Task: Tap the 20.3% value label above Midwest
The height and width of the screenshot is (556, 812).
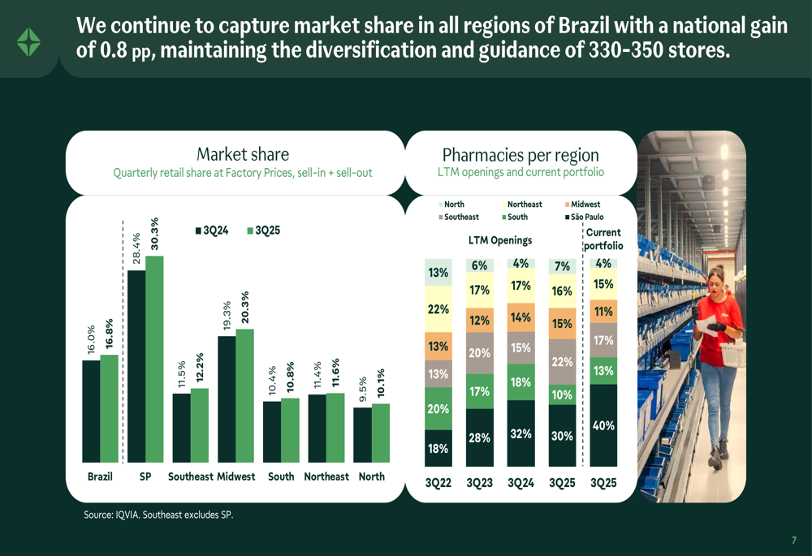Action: pos(245,307)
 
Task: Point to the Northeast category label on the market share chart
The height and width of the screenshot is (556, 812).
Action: pos(326,476)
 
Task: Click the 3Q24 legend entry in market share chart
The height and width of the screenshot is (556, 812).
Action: pos(212,231)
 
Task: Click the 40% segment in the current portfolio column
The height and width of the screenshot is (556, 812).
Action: pos(603,425)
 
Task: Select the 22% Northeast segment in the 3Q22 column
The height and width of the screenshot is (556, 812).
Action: pos(438,308)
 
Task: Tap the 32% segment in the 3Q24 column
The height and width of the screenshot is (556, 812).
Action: pos(520,433)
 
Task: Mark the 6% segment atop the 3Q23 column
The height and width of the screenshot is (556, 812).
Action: pos(479,265)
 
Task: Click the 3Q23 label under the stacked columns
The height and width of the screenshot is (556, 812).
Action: pos(479,483)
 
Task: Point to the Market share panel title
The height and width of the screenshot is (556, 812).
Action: pos(242,154)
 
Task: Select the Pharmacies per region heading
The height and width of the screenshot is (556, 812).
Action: pos(520,154)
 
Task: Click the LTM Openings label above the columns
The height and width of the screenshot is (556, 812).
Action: pos(500,240)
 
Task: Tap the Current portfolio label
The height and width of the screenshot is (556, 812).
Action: pos(603,239)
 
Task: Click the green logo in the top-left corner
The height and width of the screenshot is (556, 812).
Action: pos(28,41)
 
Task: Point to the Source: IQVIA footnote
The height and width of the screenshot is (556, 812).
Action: pos(158,515)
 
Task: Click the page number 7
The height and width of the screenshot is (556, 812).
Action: pos(793,540)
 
